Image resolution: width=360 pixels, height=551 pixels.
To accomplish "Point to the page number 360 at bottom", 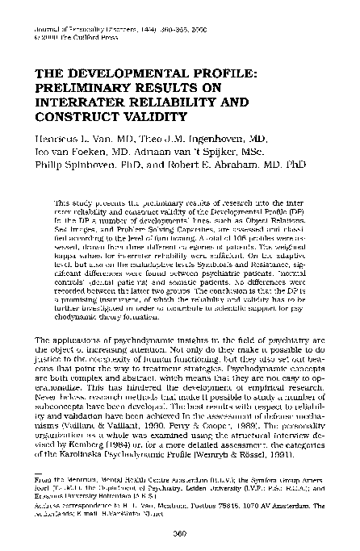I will coord(181,533).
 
